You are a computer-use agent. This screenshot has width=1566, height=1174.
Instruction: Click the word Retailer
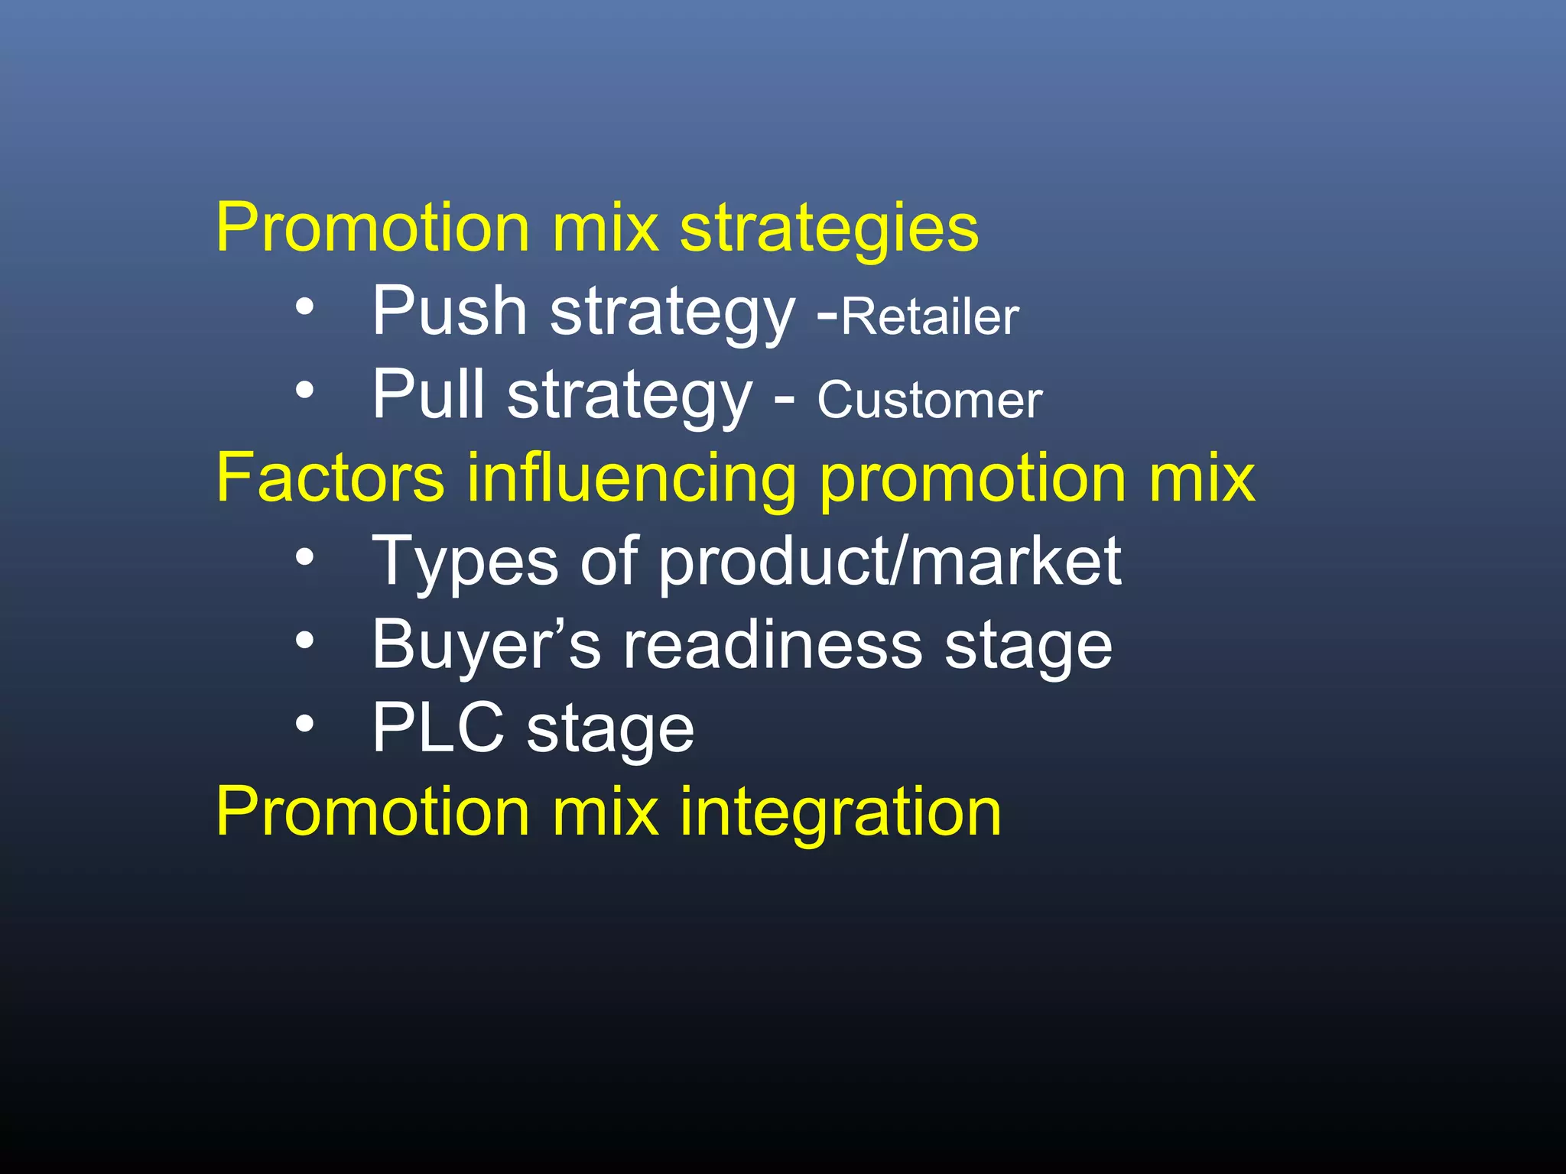point(930,316)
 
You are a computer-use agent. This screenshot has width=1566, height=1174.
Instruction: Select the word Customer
point(929,400)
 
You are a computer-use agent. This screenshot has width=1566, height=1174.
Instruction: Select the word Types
point(465,563)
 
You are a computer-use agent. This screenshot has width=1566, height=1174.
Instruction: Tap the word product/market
point(890,563)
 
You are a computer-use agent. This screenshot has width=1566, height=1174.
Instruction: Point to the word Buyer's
point(486,646)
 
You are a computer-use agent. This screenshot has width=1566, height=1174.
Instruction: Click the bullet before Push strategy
point(305,308)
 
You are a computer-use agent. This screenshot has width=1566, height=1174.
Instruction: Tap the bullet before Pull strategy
point(305,391)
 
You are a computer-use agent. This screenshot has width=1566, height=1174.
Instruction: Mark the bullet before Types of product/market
point(305,559)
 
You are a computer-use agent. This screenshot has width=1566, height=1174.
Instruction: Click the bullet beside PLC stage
point(305,725)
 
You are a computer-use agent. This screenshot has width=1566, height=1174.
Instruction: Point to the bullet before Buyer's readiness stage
point(305,642)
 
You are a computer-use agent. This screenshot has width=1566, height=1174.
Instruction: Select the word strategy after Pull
point(630,397)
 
